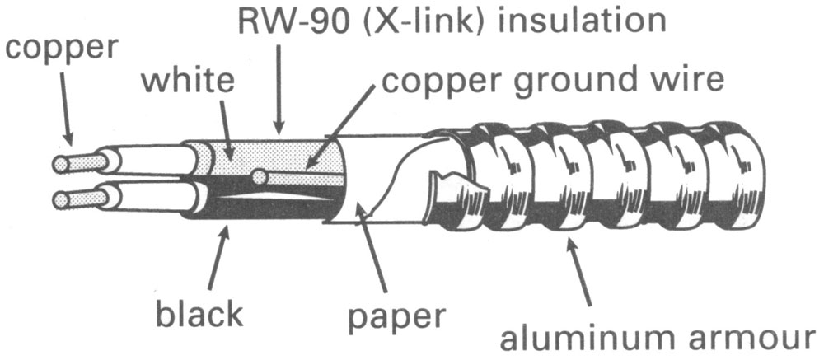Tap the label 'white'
(x=187, y=82)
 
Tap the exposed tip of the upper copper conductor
(x=60, y=164)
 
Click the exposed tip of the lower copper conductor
(x=59, y=199)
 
